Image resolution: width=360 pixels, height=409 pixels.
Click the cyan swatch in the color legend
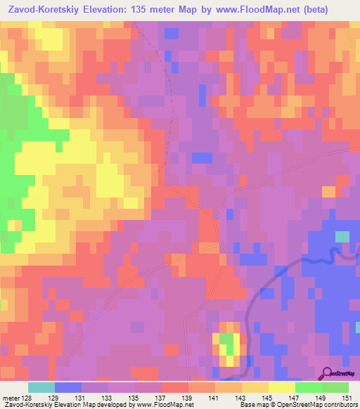pyautogui.click(x=41, y=387)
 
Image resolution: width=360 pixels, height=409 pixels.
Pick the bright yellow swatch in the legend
pyautogui.click(x=281, y=387)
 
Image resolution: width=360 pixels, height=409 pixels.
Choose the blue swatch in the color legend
pyautogui.click(x=67, y=387)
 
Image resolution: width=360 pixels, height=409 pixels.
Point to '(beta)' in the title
pyautogui.click(x=335, y=10)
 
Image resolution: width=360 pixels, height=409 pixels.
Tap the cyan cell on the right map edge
pyautogui.click(x=342, y=237)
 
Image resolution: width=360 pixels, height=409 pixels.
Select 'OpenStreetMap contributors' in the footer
pyautogui.click(x=321, y=405)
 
